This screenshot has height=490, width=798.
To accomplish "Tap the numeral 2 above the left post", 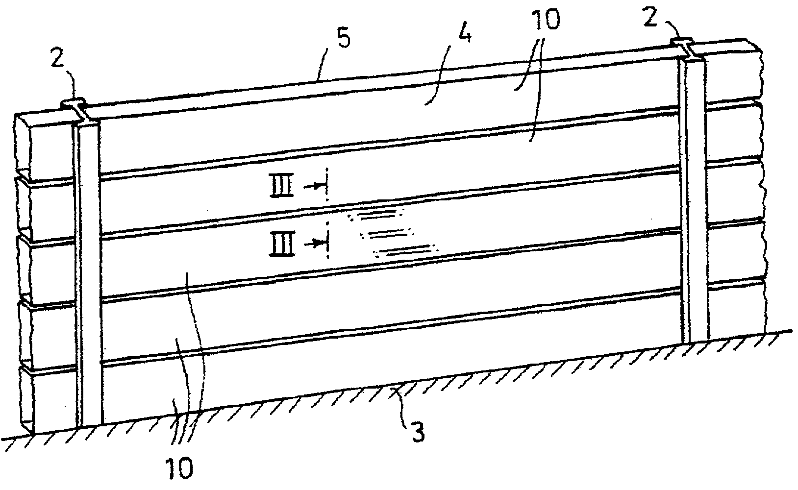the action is coord(57,58).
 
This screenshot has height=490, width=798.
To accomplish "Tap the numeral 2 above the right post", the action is coord(650,17).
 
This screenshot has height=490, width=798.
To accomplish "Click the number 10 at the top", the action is coord(545,19).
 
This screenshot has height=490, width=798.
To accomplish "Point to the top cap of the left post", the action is coord(73,103).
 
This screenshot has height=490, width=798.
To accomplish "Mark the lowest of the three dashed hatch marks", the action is coord(406,251).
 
